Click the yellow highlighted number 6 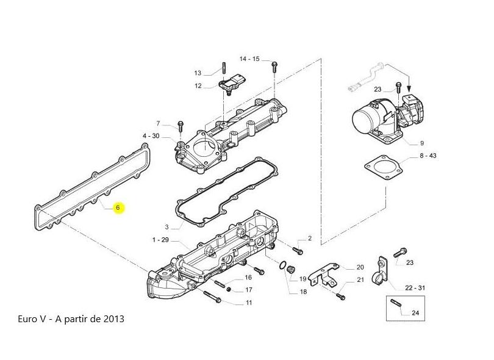(x=118, y=207)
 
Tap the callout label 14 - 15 (x=249, y=59)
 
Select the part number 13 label (x=198, y=73)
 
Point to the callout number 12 (x=198, y=86)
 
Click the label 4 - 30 (x=151, y=135)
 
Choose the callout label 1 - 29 (x=160, y=240)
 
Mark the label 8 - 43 (x=428, y=156)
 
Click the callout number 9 (x=422, y=143)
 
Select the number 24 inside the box (x=416, y=313)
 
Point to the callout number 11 (x=249, y=303)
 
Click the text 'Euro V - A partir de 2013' (x=72, y=319)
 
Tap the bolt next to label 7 (x=181, y=126)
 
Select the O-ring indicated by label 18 (x=282, y=266)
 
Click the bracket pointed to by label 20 (x=326, y=272)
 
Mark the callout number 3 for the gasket (x=166, y=226)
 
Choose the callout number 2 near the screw (x=309, y=237)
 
